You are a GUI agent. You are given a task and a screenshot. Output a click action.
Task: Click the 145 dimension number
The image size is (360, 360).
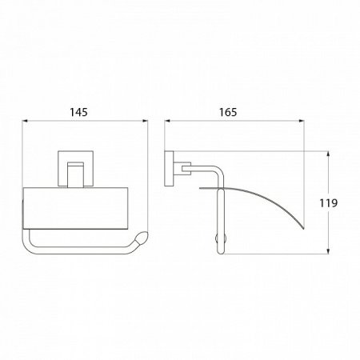tap(78, 112)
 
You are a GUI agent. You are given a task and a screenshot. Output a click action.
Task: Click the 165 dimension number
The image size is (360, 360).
tap(228, 112)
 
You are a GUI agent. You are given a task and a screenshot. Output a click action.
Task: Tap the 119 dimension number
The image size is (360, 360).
tap(329, 203)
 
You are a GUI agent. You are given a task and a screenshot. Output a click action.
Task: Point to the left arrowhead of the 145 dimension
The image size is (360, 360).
tap(25, 121)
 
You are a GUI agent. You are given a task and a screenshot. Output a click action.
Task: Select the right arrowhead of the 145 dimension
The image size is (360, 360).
tap(145, 121)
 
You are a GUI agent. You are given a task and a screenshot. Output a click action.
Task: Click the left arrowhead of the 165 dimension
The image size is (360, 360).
tap(167, 121)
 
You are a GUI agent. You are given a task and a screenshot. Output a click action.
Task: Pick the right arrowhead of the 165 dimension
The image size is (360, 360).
tap(301, 121)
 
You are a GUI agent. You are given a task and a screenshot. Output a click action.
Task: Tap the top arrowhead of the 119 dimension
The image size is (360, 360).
tap(328, 154)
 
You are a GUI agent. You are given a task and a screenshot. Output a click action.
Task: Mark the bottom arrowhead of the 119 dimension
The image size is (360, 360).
tap(328, 250)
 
